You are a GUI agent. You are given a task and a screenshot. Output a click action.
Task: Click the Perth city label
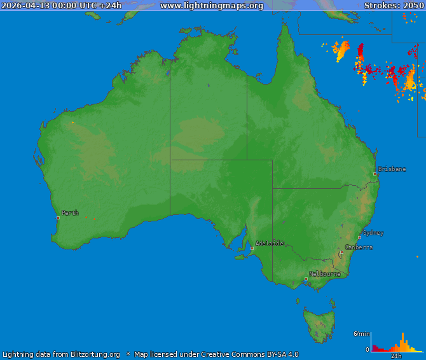[70, 213]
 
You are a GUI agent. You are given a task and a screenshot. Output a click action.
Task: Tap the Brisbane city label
[392, 169]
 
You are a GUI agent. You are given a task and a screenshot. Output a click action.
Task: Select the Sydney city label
[373, 233]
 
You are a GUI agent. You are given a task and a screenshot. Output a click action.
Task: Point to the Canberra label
[359, 247]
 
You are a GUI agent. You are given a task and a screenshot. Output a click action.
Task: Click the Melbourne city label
[325, 274]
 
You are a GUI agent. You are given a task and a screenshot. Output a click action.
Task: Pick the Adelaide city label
[270, 243]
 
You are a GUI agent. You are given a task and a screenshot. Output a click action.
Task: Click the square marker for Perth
[58, 218]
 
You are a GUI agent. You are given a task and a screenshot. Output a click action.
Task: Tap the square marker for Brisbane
[374, 174]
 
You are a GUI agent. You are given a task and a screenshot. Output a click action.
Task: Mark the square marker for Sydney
[359, 237]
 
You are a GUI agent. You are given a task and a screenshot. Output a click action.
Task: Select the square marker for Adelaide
[252, 248]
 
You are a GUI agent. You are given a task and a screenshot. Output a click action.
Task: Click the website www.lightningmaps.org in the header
[212, 6]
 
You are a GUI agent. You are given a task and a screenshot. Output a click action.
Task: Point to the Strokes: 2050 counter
[394, 6]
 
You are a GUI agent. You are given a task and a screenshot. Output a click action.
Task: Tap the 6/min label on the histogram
[361, 334]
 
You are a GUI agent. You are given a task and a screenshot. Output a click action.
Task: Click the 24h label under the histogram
[396, 356]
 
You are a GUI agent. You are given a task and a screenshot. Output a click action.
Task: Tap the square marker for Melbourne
[306, 279]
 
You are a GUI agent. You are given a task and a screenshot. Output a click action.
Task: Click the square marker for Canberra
[341, 252]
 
